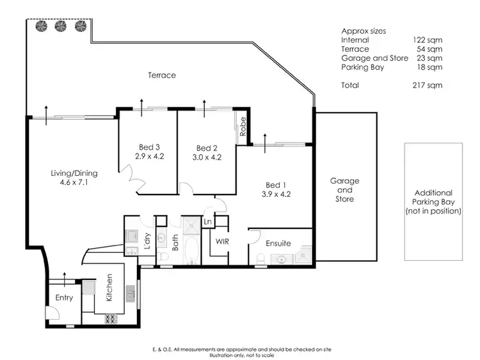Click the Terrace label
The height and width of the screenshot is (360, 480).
point(162,75)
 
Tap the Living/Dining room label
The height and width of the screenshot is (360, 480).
point(72,173)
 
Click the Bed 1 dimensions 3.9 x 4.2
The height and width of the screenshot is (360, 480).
point(276,194)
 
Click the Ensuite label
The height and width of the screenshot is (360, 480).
point(278,243)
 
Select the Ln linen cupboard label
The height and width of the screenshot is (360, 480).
point(207,222)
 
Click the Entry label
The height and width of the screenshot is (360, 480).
point(64,297)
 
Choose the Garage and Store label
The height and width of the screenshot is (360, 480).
point(344,190)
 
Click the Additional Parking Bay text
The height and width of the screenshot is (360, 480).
point(433,201)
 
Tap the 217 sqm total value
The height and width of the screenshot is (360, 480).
point(428,84)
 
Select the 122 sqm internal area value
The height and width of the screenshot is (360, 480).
point(428,40)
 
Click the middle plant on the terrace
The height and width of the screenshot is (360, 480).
point(61,26)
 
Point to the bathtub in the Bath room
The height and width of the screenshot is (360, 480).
point(190,250)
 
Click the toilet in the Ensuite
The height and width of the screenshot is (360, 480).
point(260,258)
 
